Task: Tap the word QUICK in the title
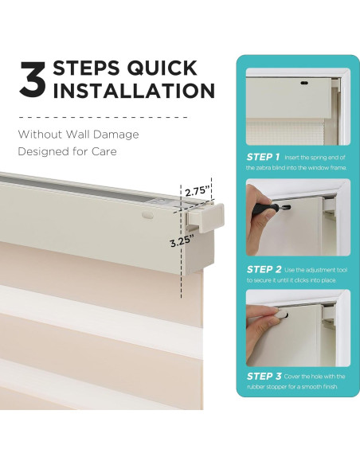tap(162, 68)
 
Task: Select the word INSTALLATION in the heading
tap(134, 91)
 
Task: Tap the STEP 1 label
tap(263, 157)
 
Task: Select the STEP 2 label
tap(264, 270)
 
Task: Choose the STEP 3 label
tap(264, 377)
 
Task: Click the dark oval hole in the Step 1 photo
tap(303, 84)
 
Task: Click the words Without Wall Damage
tap(78, 135)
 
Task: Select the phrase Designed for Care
tap(68, 151)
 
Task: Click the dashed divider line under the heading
tap(103, 117)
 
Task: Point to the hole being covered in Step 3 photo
tap(285, 315)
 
